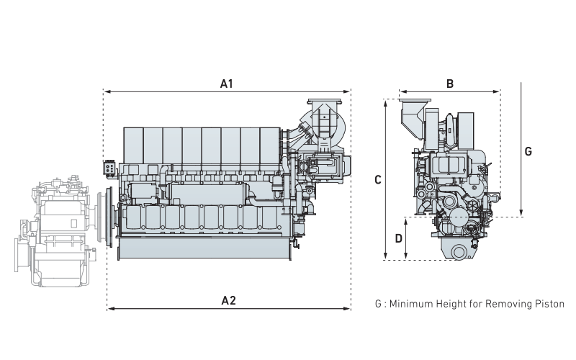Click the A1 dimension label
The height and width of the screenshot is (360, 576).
coord(227,84)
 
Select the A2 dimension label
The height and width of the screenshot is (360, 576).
coord(228,300)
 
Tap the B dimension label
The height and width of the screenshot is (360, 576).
coord(450,84)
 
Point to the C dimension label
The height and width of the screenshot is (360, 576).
coord(378,181)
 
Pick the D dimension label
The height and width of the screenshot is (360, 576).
coord(398,238)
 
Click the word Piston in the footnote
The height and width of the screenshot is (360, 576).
coord(549,305)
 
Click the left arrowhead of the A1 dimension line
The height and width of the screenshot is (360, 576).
coord(106,92)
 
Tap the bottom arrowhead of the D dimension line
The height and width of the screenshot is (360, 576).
coord(408,257)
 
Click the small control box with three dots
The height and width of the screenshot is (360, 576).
coord(110,167)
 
